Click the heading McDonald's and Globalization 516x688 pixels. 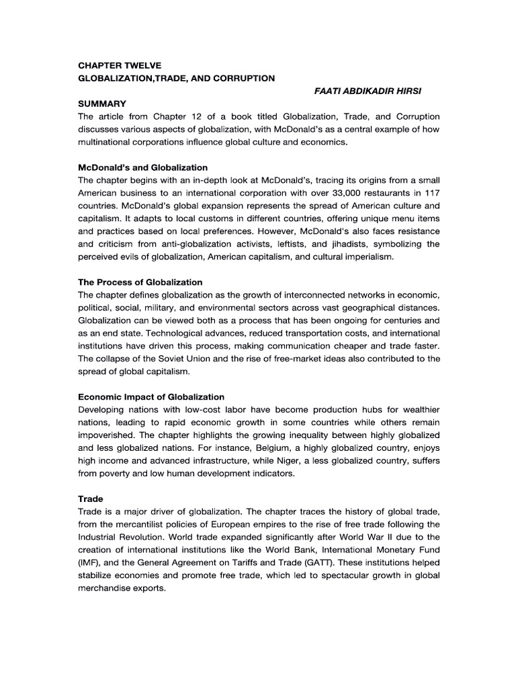pyautogui.click(x=143, y=167)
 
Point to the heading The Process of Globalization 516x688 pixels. pyautogui.click(x=140, y=282)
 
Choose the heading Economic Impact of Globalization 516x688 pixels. pyautogui.click(x=151, y=397)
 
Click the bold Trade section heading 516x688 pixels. pyautogui.click(x=91, y=499)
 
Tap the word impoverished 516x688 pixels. pyautogui.click(x=110, y=435)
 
